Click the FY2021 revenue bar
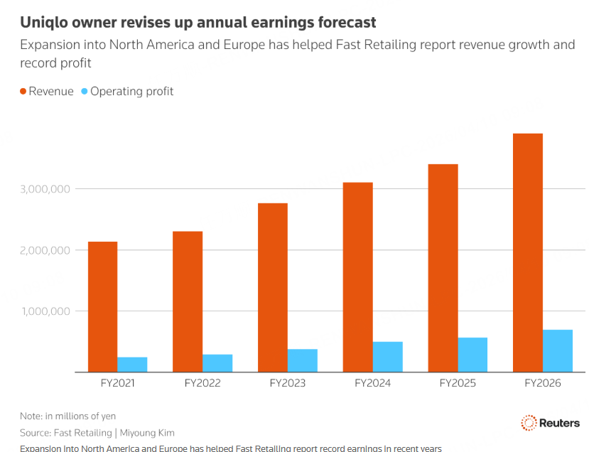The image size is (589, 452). pyautogui.click(x=102, y=306)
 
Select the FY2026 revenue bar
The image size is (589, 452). pyautogui.click(x=528, y=252)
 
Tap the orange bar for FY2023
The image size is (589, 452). pyautogui.click(x=273, y=287)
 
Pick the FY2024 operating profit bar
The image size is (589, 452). pyautogui.click(x=387, y=357)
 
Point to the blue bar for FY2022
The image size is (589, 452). pyautogui.click(x=217, y=363)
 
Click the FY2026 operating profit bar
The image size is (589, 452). pyautogui.click(x=558, y=350)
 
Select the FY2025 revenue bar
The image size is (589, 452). pyautogui.click(x=443, y=268)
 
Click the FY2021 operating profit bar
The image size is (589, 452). pyautogui.click(x=132, y=365)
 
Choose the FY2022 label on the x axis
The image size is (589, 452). pyautogui.click(x=202, y=383)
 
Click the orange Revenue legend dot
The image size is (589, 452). pyautogui.click(x=23, y=91)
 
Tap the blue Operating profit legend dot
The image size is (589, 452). pyautogui.click(x=85, y=91)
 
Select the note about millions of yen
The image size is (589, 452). pyautogui.click(x=67, y=416)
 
